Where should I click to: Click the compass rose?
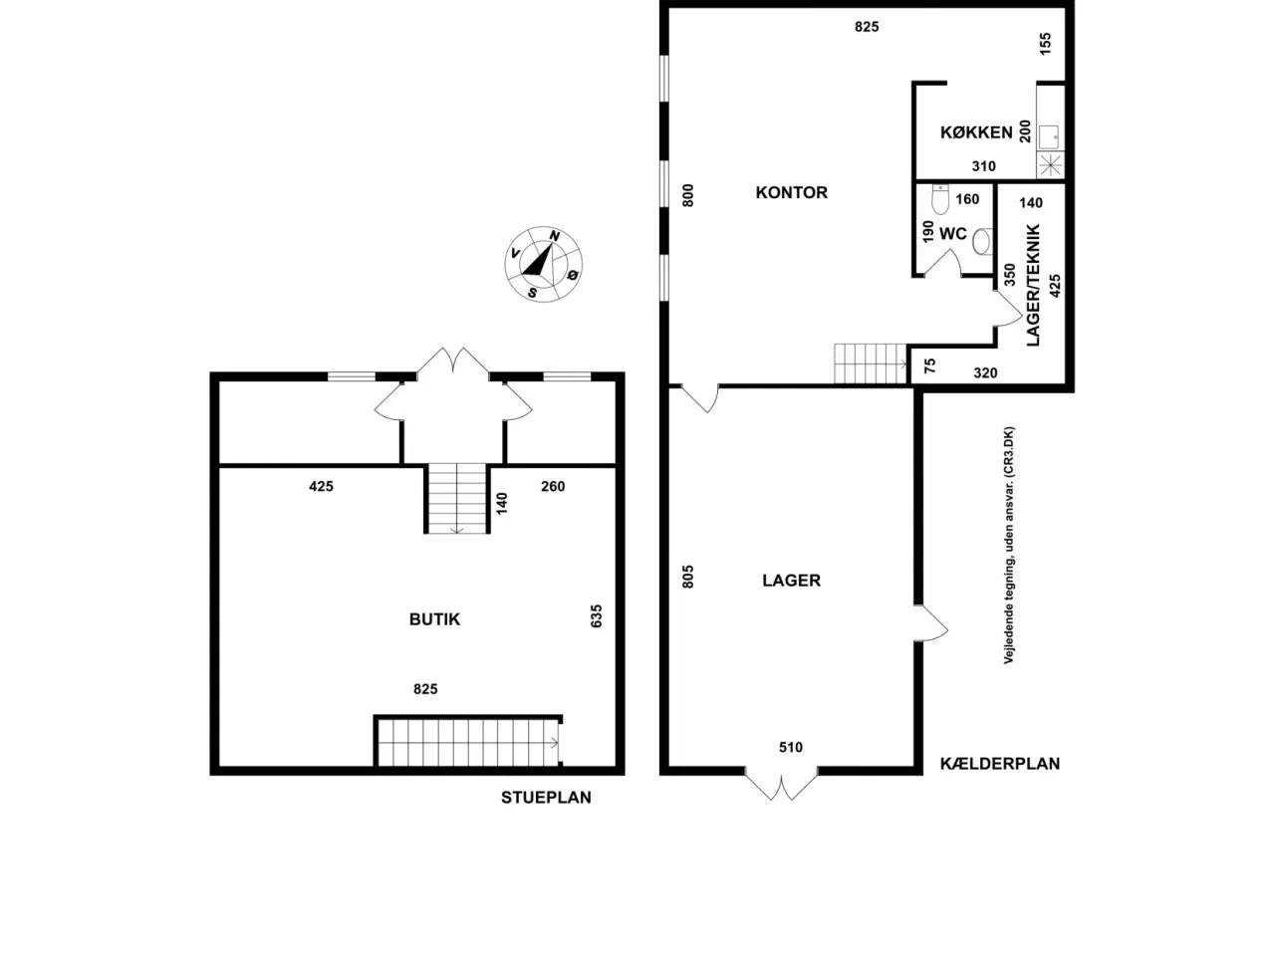543,264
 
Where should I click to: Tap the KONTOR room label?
791,193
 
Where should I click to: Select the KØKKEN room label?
976,132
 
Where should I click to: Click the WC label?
952,234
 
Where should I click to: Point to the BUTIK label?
434,619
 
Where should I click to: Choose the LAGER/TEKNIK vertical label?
1033,286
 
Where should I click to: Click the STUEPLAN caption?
546,798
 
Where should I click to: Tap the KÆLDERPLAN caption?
1000,764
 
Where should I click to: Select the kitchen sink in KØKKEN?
1049,137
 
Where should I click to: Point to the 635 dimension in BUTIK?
596,615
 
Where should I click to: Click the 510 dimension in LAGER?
791,748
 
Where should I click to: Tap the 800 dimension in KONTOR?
687,195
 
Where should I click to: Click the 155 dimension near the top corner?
1045,44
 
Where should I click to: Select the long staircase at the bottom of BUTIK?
468,743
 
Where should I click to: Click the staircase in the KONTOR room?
871,363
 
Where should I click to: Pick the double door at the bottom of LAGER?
781,785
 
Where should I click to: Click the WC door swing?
941,262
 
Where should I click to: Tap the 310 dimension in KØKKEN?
983,166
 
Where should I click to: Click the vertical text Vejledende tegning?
1009,546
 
